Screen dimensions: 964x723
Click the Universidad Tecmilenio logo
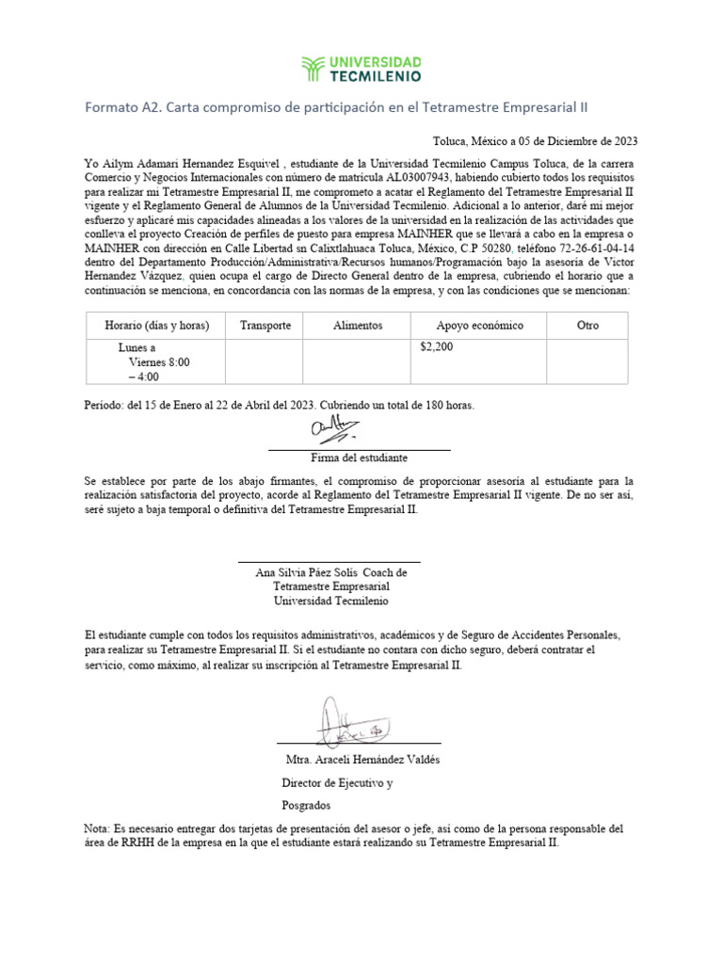tap(361, 69)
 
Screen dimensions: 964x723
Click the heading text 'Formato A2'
tap(121, 107)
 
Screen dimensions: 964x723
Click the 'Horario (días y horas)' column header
tap(156, 326)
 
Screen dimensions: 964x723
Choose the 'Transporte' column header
tap(265, 326)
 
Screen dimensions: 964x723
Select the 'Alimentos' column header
tap(357, 326)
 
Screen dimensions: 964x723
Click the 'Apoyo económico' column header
tap(479, 326)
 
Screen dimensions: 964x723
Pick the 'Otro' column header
tap(586, 326)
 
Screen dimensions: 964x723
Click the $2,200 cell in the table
tap(436, 347)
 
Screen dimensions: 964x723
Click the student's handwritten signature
tap(331, 432)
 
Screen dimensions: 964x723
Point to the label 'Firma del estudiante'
tap(359, 458)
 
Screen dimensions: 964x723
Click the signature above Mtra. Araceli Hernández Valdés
tap(344, 722)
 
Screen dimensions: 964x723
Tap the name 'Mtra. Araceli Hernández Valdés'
tap(361, 760)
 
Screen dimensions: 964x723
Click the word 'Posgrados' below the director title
tap(306, 806)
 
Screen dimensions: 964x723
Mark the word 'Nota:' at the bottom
tap(98, 828)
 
